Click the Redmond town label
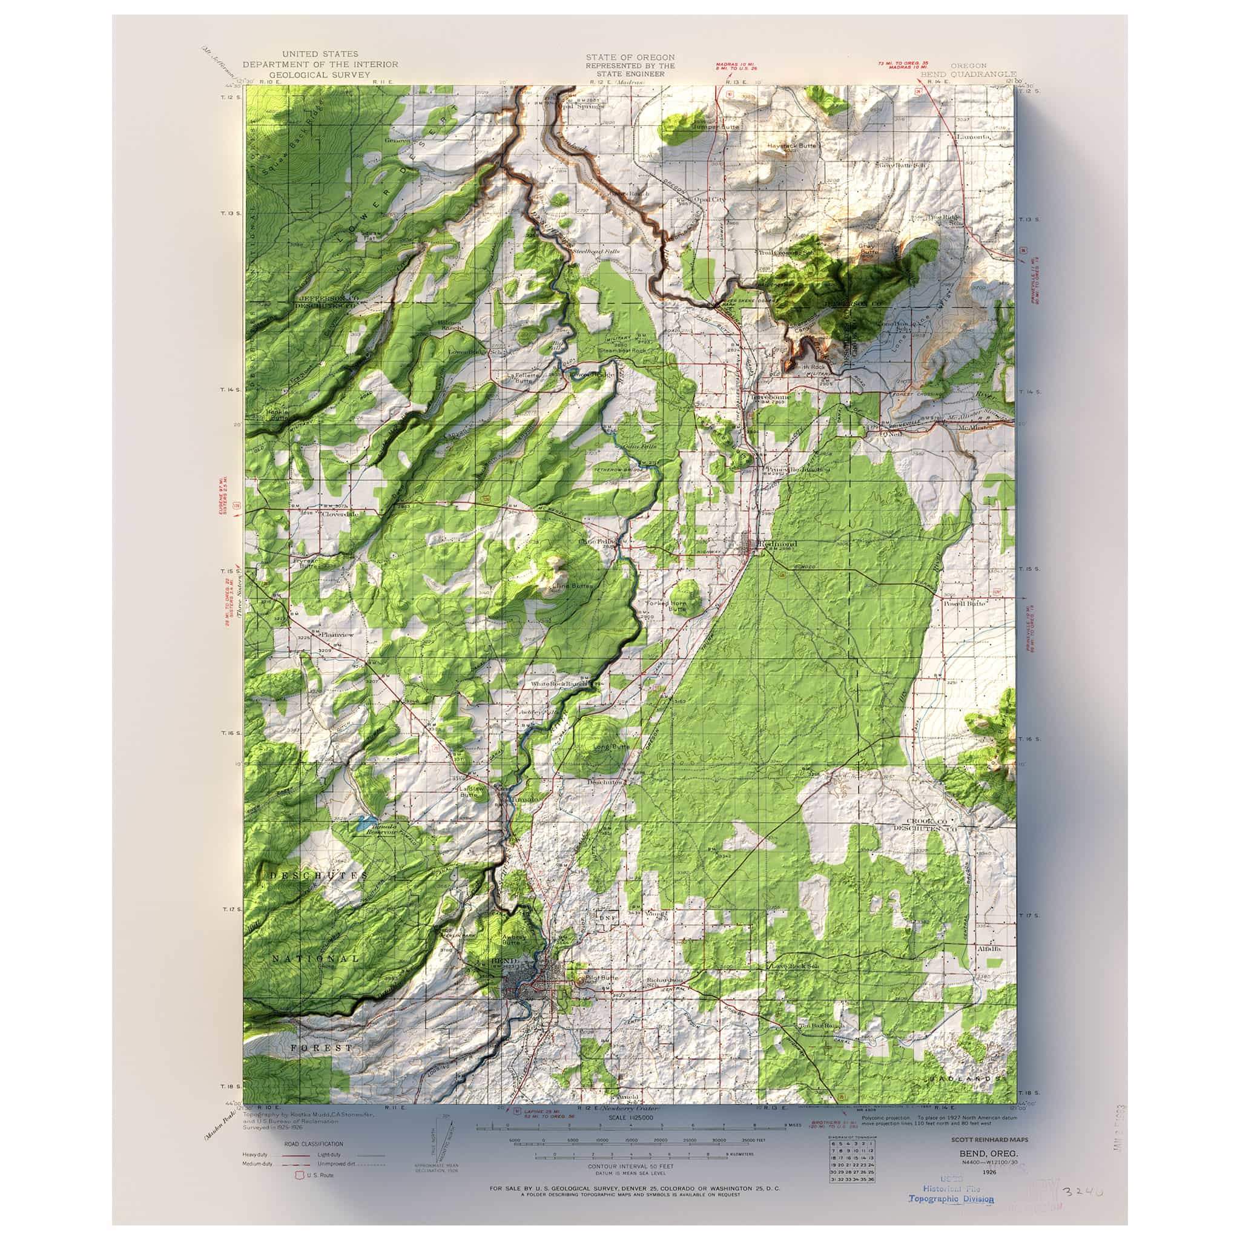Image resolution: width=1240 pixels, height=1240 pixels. (778, 544)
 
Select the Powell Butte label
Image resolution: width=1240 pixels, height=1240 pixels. (966, 603)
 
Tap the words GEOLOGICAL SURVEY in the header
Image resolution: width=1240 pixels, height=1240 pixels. (320, 75)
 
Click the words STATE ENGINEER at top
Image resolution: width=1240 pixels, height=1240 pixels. (630, 74)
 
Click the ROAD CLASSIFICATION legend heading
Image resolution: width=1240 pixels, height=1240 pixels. (305, 1144)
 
